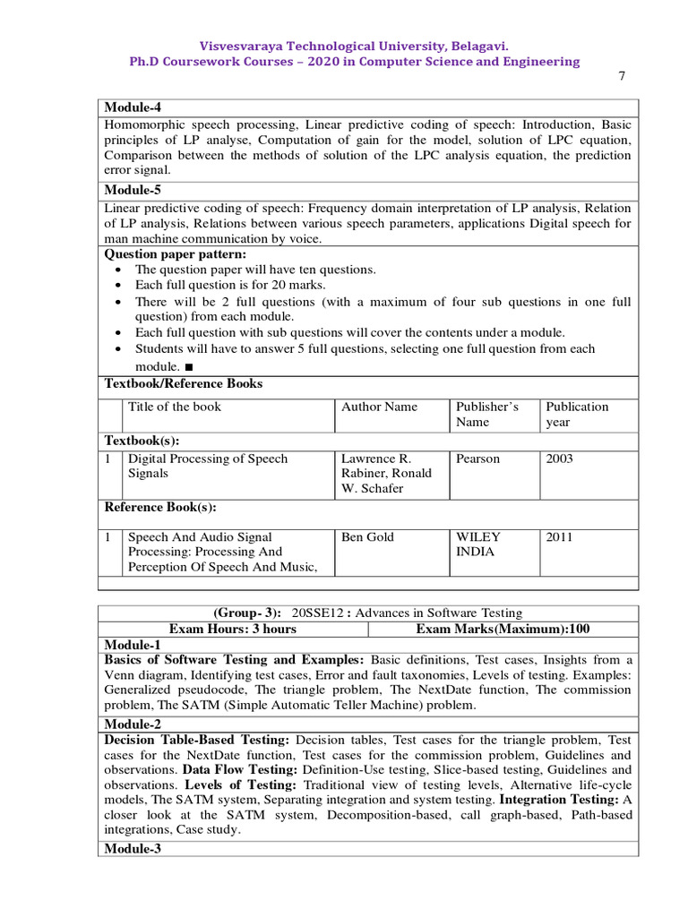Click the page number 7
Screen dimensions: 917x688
pyautogui.click(x=622, y=76)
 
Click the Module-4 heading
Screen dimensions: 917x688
pyautogui.click(x=133, y=107)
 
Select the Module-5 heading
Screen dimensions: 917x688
pyautogui.click(x=133, y=190)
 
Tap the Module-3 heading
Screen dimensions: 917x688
pyautogui.click(x=133, y=849)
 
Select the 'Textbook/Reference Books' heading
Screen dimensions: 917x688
pyautogui.click(x=184, y=383)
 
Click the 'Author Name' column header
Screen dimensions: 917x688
pyautogui.click(x=380, y=407)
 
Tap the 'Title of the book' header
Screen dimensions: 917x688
pyautogui.click(x=175, y=407)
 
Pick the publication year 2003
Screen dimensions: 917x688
pyautogui.click(x=560, y=458)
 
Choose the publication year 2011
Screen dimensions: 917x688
pyautogui.click(x=560, y=537)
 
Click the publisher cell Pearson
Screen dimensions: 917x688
pyautogui.click(x=478, y=458)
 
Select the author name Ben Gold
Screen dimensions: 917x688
pyautogui.click(x=368, y=537)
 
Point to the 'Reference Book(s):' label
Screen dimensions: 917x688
pyautogui.click(x=161, y=507)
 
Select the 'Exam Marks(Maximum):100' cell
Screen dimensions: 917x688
pyautogui.click(x=503, y=629)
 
